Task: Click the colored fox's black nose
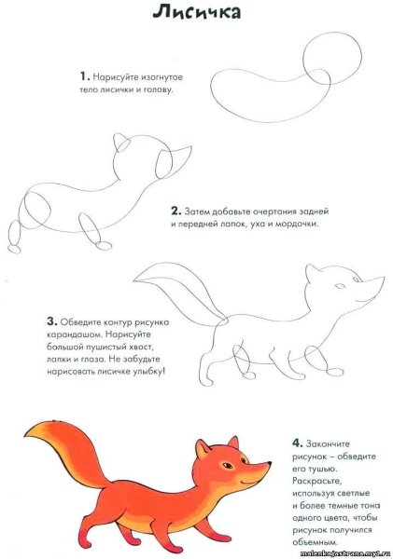(x=270, y=462)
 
